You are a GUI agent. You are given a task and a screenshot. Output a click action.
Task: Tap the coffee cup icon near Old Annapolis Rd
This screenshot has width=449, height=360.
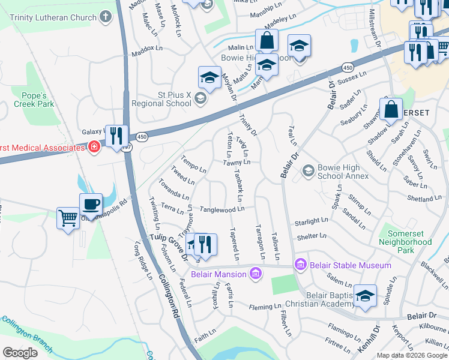coord(91,205)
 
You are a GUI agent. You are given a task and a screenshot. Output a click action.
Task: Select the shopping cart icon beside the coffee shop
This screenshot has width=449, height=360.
coord(68,217)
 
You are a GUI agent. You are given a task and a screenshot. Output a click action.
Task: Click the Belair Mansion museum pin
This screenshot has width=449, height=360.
coord(256,274)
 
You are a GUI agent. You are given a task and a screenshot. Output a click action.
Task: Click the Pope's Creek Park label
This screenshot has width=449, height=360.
coord(34,100)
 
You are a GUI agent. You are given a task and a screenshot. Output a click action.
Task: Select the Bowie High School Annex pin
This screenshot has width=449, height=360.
coord(308,172)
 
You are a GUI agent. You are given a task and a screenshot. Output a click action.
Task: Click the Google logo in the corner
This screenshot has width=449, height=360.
coord(20,353)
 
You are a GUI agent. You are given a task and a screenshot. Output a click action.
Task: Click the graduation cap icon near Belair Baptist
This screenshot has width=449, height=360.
coord(364,296)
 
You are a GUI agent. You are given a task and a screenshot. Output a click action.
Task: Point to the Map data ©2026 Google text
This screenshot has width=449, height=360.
coord(412,355)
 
